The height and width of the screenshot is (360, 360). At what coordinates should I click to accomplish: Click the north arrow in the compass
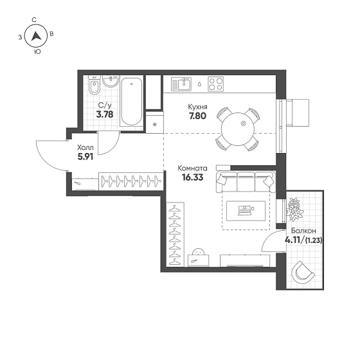(x=36, y=36)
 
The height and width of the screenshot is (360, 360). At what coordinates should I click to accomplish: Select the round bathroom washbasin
(x=111, y=81)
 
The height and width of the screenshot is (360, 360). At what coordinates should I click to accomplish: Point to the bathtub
(x=131, y=102)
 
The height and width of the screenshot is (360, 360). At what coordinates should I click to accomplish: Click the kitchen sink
(x=181, y=84)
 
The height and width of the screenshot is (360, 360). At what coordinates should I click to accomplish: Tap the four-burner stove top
(x=215, y=84)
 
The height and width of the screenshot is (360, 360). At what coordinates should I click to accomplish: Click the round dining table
(x=238, y=129)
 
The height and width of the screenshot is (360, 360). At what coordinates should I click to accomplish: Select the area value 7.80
(x=197, y=116)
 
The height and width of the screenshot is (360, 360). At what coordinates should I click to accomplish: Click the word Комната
(x=192, y=168)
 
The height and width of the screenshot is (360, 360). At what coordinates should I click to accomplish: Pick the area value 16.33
(x=192, y=177)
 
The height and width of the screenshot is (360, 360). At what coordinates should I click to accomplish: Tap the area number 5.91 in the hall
(x=85, y=157)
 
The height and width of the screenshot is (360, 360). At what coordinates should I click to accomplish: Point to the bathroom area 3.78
(x=105, y=114)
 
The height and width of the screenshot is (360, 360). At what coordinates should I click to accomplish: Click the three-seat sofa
(x=246, y=181)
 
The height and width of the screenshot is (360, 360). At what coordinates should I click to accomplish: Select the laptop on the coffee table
(x=244, y=210)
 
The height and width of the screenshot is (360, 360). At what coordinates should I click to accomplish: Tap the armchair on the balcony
(x=302, y=273)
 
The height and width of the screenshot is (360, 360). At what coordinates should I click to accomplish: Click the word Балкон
(x=303, y=231)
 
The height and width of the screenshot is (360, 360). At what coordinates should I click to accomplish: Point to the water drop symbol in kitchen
(x=199, y=84)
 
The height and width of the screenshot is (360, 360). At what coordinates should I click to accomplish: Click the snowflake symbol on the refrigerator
(x=154, y=125)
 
